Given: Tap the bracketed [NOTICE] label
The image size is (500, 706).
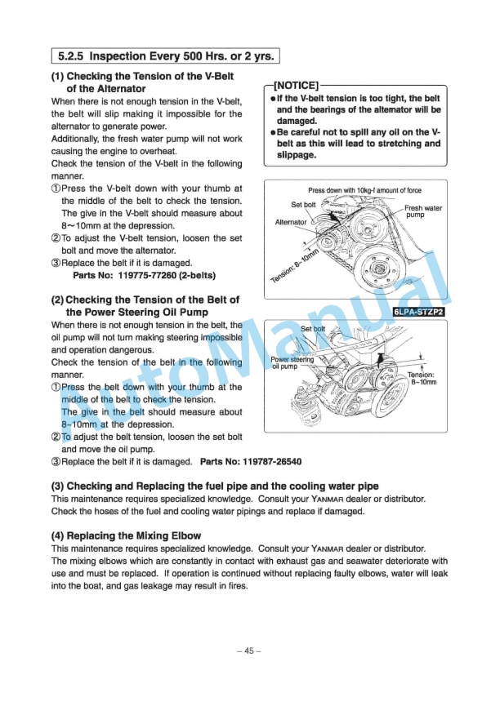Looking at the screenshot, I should [297, 84].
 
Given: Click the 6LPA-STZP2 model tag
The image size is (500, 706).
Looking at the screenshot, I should [417, 311].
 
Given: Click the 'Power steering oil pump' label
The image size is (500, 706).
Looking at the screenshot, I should [292, 362].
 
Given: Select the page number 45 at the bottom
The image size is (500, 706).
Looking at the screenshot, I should [250, 650].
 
